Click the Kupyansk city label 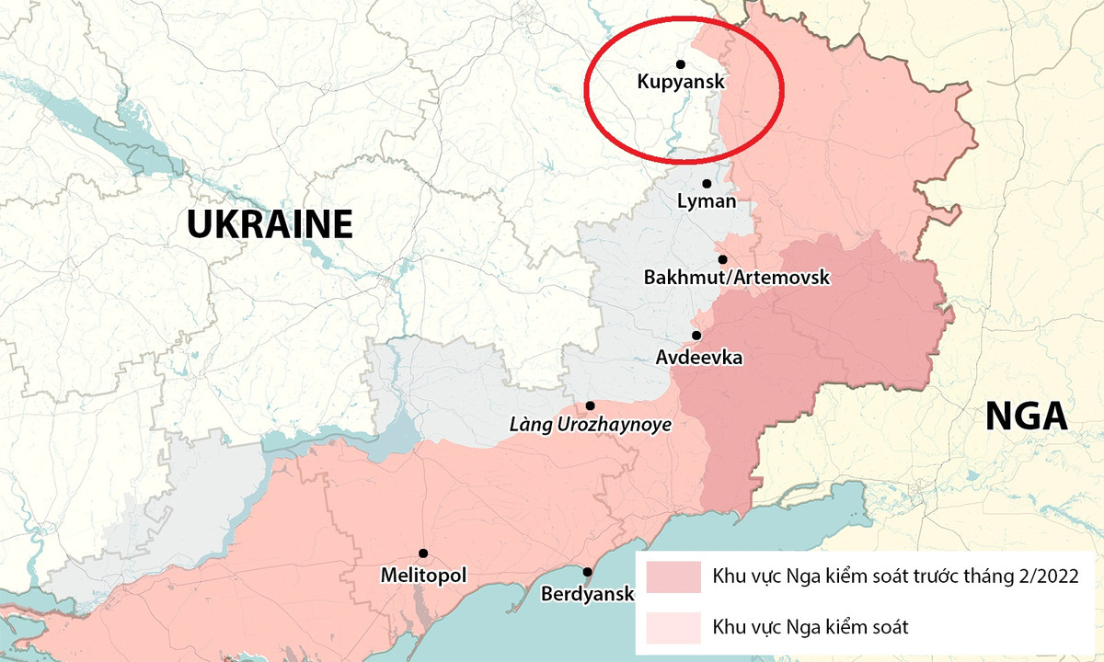(681, 82)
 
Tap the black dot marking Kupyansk (681, 64)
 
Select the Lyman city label (707, 200)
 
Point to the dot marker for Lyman (707, 184)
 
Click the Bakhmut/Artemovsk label (737, 277)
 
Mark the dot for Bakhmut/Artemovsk (723, 260)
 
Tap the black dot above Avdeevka (696, 336)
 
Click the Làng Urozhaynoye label (590, 425)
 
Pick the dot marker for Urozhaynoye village (590, 405)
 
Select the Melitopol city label (423, 576)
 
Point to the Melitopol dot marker (423, 554)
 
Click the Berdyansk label (588, 593)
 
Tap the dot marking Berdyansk (588, 572)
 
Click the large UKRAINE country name (270, 224)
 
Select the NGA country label (1026, 417)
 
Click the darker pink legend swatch (673, 577)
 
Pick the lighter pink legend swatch (673, 627)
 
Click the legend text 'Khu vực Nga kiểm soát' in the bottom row (811, 627)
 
